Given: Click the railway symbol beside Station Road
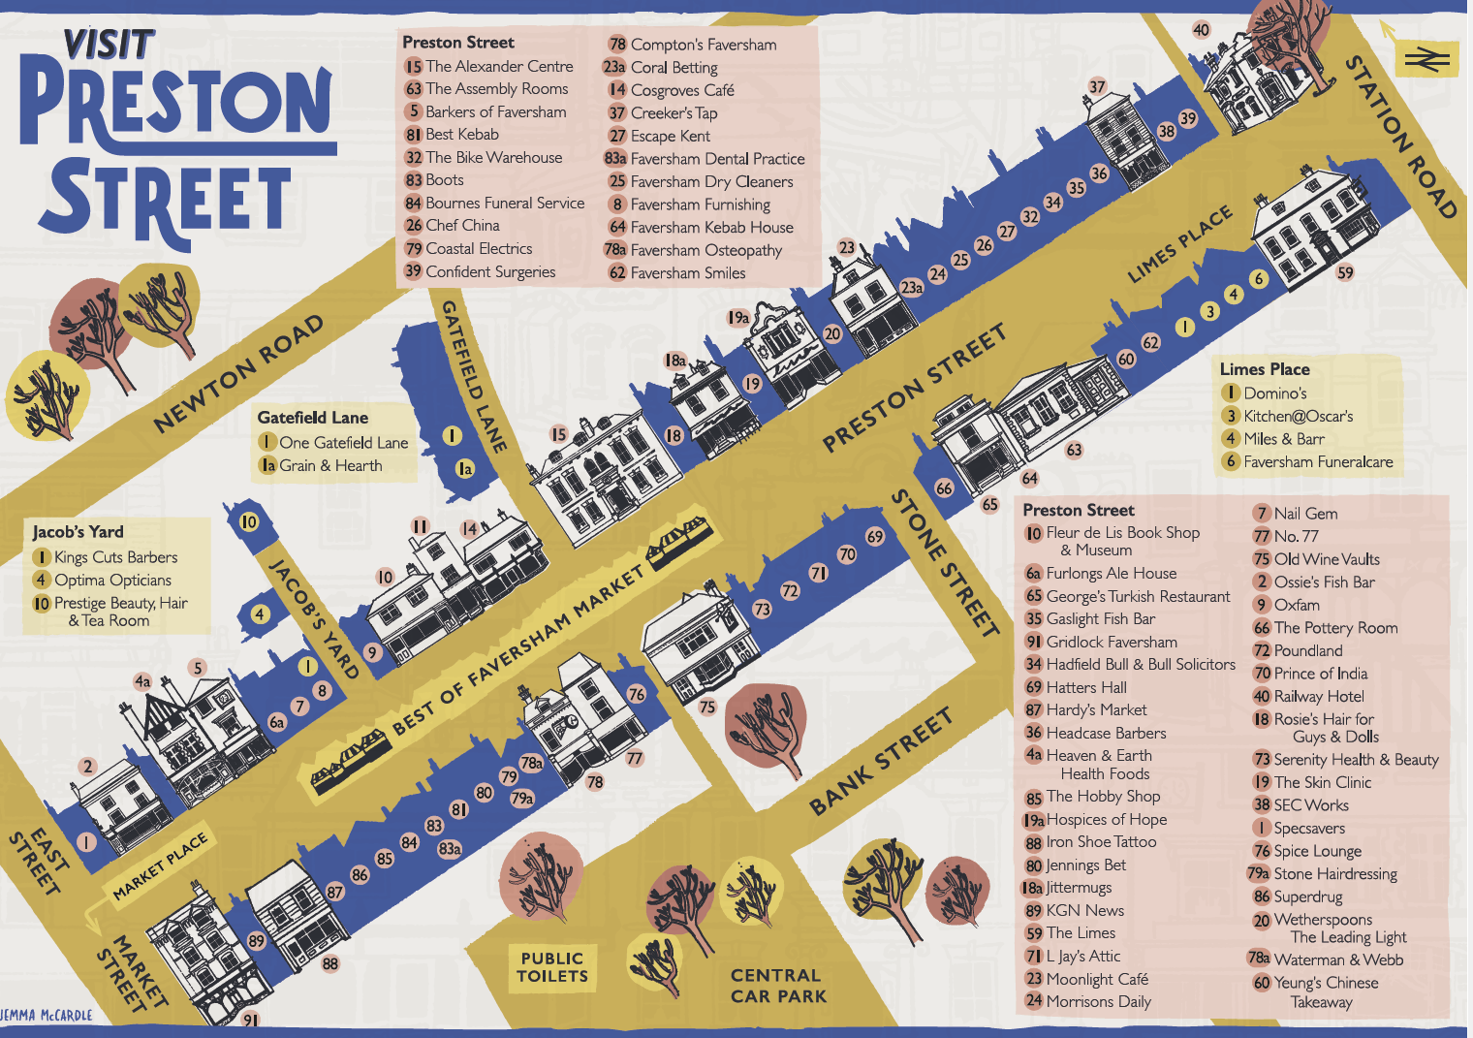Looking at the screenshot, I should pyautogui.click(x=1426, y=60).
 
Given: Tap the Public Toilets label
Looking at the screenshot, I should pyautogui.click(x=551, y=967).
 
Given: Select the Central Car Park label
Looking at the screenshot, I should pyautogui.click(x=777, y=986).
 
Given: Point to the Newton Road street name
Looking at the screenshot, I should pyautogui.click(x=238, y=373).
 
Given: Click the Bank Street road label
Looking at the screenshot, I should pyautogui.click(x=881, y=761).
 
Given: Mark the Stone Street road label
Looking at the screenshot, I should pyautogui.click(x=944, y=563).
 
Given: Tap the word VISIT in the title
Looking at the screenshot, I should pyautogui.click(x=109, y=45).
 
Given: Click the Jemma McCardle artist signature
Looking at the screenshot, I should pyautogui.click(x=47, y=1015).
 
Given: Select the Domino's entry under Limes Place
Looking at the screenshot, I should pyautogui.click(x=1274, y=393).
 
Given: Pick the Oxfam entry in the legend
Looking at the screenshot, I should pyautogui.click(x=1296, y=605).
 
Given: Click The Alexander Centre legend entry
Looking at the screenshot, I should pyautogui.click(x=498, y=67).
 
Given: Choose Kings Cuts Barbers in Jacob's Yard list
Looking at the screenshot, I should pyautogui.click(x=115, y=557).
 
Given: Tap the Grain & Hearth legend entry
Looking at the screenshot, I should pyautogui.click(x=330, y=466).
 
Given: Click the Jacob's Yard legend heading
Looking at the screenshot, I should pyautogui.click(x=78, y=532).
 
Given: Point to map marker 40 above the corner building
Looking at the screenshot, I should pyautogui.click(x=1201, y=30).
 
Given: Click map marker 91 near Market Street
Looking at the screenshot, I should pyautogui.click(x=250, y=1020).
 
